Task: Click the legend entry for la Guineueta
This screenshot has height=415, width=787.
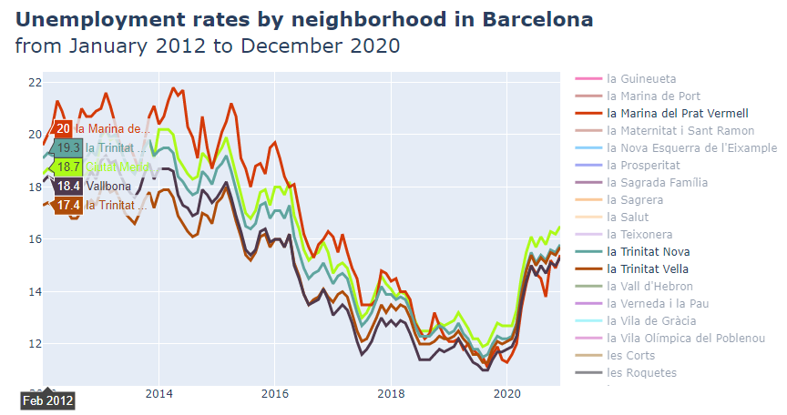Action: (x=641, y=79)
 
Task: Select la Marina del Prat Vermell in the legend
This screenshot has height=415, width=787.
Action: (x=677, y=114)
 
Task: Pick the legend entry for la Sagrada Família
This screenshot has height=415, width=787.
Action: (x=657, y=183)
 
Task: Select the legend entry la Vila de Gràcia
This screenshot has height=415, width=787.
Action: (x=650, y=321)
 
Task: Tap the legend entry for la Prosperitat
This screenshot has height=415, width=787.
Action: (x=643, y=166)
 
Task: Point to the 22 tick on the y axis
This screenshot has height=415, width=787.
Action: (x=35, y=83)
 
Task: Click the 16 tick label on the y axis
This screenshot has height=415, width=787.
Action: (x=35, y=239)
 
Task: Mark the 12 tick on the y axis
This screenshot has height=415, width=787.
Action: (x=35, y=344)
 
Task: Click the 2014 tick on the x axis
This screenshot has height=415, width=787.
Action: (x=159, y=394)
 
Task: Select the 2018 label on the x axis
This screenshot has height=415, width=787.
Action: (x=391, y=394)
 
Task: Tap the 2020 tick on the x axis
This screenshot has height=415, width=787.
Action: (x=506, y=394)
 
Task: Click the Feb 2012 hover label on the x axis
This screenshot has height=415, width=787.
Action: (x=48, y=400)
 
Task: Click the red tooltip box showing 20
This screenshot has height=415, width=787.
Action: (x=63, y=129)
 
